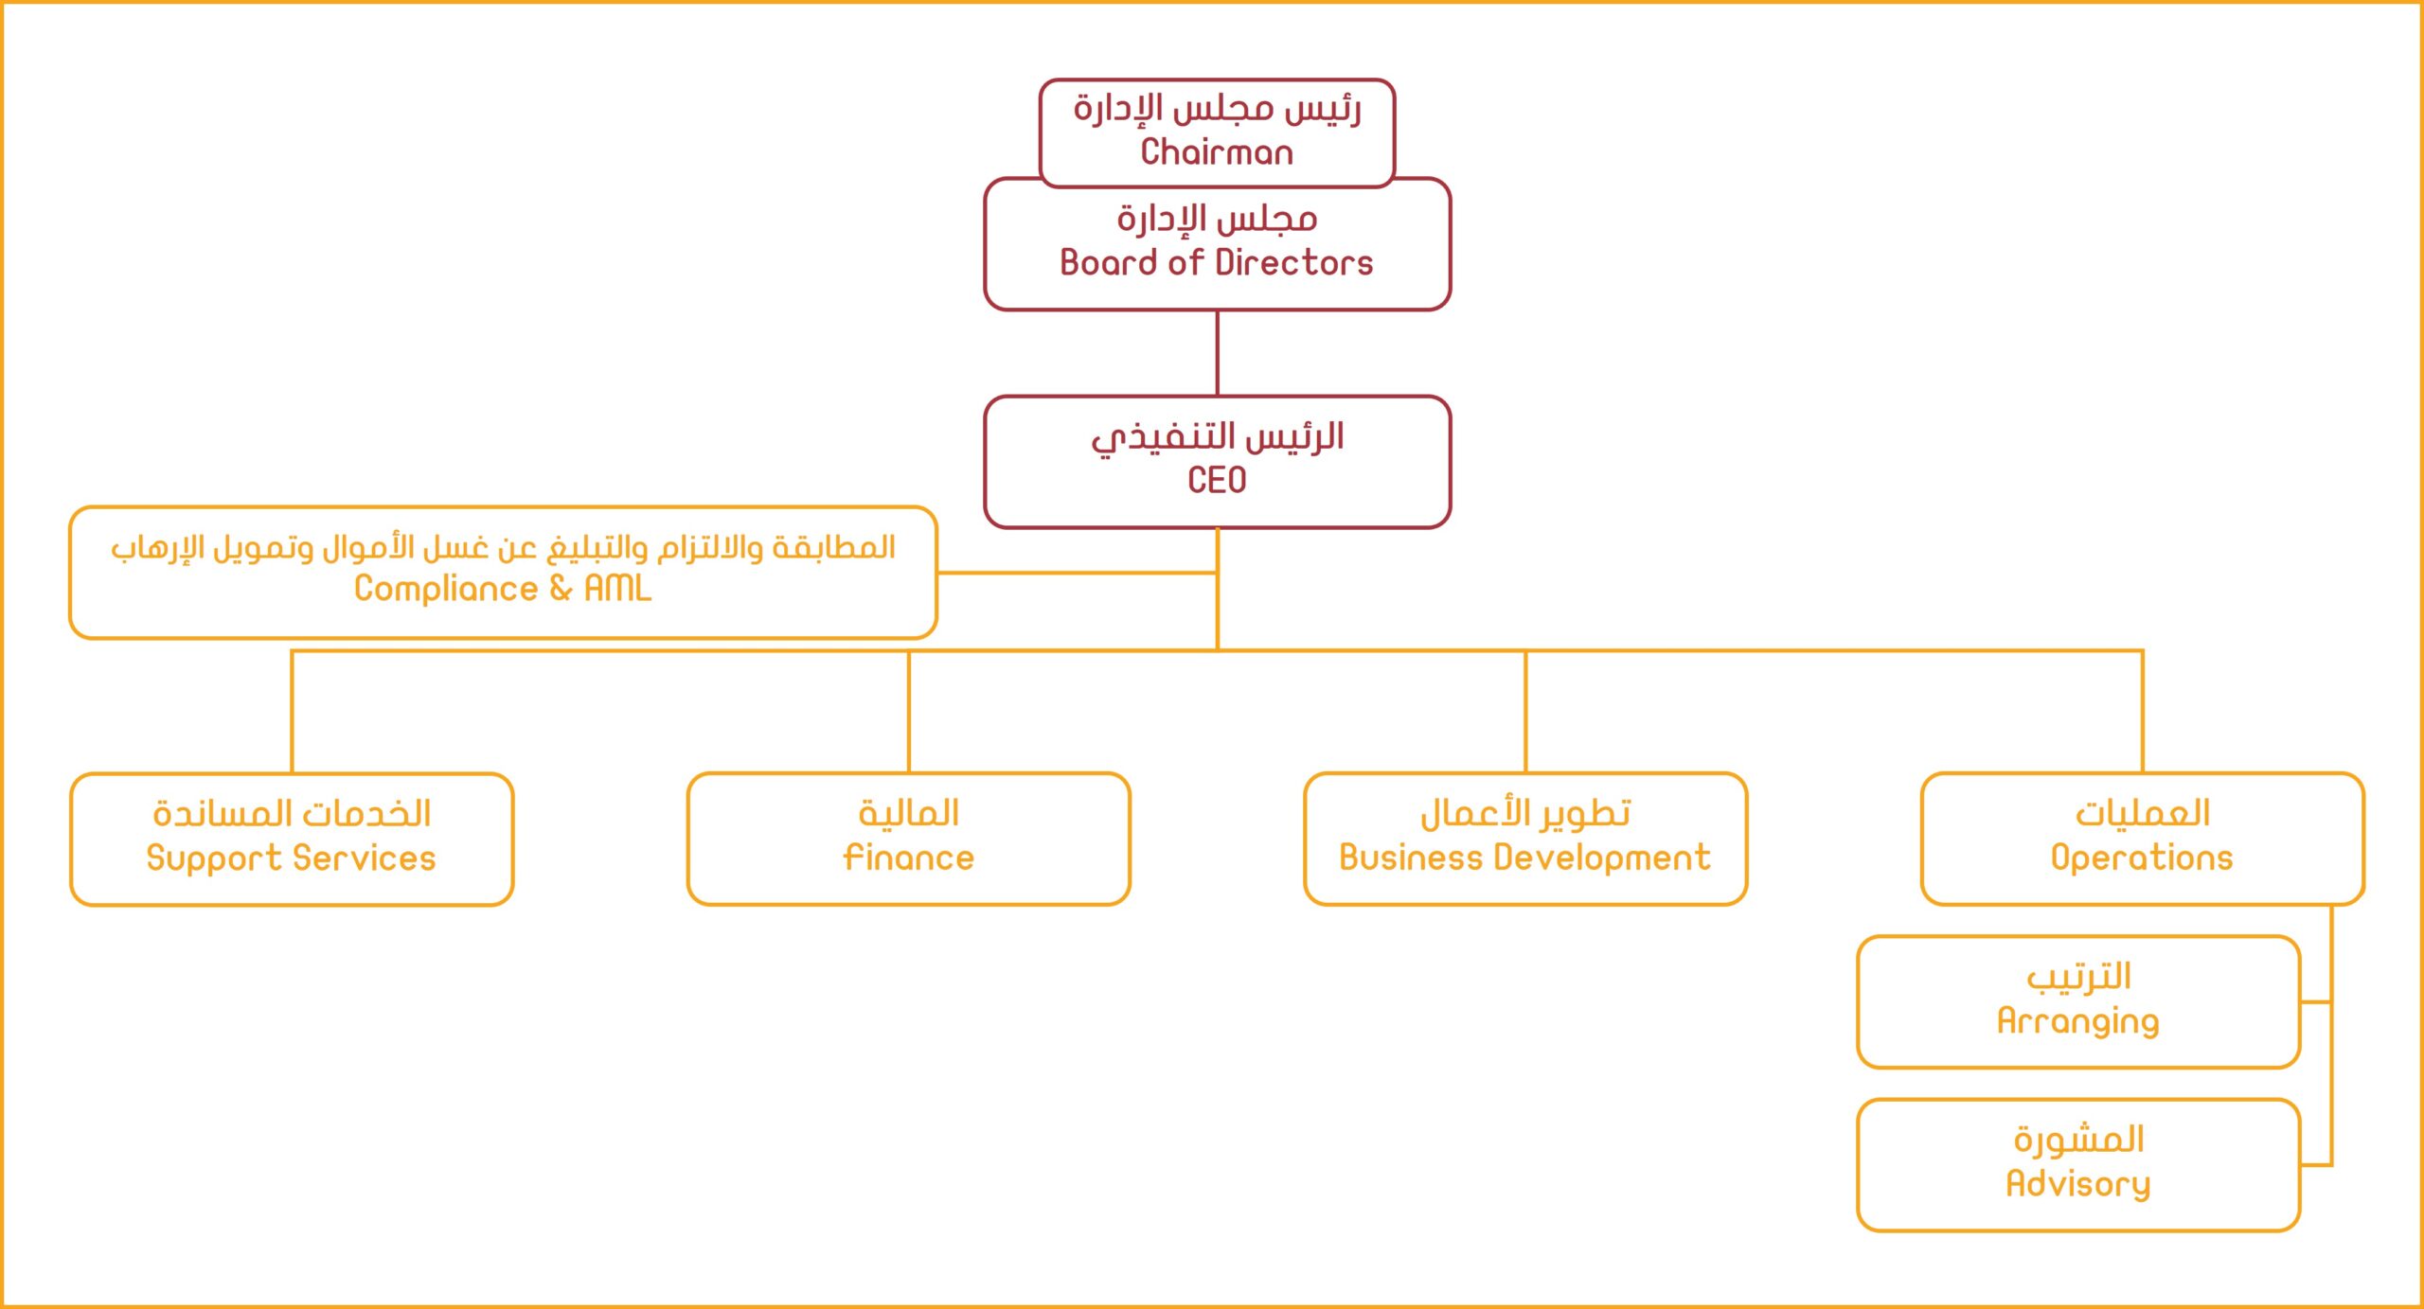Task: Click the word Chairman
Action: [x=1217, y=152]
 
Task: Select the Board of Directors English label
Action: [x=1217, y=262]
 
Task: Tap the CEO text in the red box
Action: [x=1217, y=480]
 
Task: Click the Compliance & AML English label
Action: [x=503, y=589]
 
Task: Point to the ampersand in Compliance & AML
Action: [x=561, y=588]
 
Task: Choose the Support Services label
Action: [x=292, y=858]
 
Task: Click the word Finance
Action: [x=909, y=858]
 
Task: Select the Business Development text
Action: [x=1525, y=858]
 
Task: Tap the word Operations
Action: [x=2142, y=858]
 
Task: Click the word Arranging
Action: [x=2078, y=1021]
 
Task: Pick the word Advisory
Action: [x=2078, y=1184]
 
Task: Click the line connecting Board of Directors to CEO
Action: [x=1217, y=353]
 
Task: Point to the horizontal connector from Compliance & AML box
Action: [x=1078, y=573]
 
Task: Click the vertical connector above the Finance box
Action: [x=909, y=712]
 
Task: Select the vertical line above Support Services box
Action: [x=292, y=712]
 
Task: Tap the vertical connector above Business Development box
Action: [x=1525, y=712]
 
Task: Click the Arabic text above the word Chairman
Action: [x=1217, y=109]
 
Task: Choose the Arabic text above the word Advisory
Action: [x=2078, y=1140]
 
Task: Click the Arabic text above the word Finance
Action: [x=909, y=813]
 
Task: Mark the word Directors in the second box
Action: [x=1294, y=262]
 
